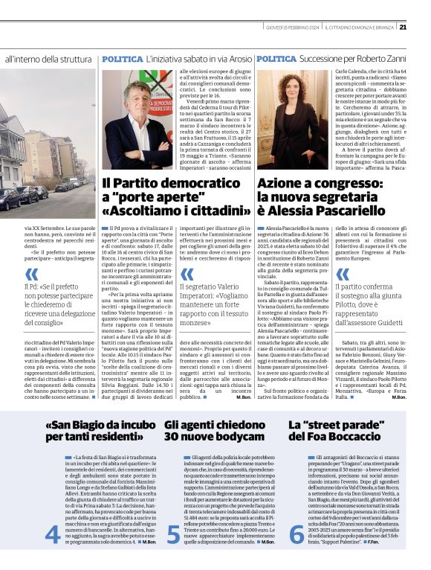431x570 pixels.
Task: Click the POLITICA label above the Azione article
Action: [x=277, y=58]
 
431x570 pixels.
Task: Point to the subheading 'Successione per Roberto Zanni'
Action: [x=346, y=58]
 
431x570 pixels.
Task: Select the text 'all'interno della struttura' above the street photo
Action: [x=49, y=58]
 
